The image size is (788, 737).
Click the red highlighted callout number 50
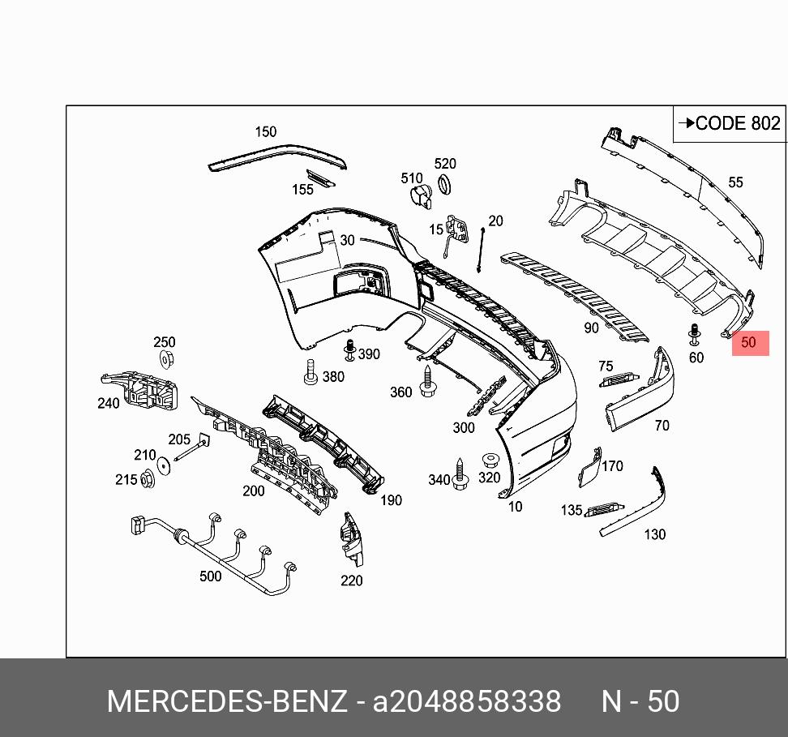[749, 342]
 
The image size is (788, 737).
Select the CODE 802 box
[730, 123]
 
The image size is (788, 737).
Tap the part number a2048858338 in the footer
[466, 701]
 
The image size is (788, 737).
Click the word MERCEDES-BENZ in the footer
[227, 701]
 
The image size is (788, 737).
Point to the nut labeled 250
[165, 359]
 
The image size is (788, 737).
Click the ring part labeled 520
[445, 185]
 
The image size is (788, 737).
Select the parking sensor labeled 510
[420, 197]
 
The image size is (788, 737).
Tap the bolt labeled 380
[310, 374]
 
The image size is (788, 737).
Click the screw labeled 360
[427, 379]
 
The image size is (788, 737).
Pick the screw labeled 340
[460, 476]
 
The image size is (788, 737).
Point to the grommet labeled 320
[489, 460]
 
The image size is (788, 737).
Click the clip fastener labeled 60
[694, 335]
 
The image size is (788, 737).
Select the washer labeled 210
[163, 466]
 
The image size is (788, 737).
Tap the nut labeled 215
[147, 479]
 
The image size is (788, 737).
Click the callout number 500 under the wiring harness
[210, 576]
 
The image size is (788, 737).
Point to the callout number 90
[591, 328]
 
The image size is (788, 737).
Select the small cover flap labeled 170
[587, 471]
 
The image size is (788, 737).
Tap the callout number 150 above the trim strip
[265, 131]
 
